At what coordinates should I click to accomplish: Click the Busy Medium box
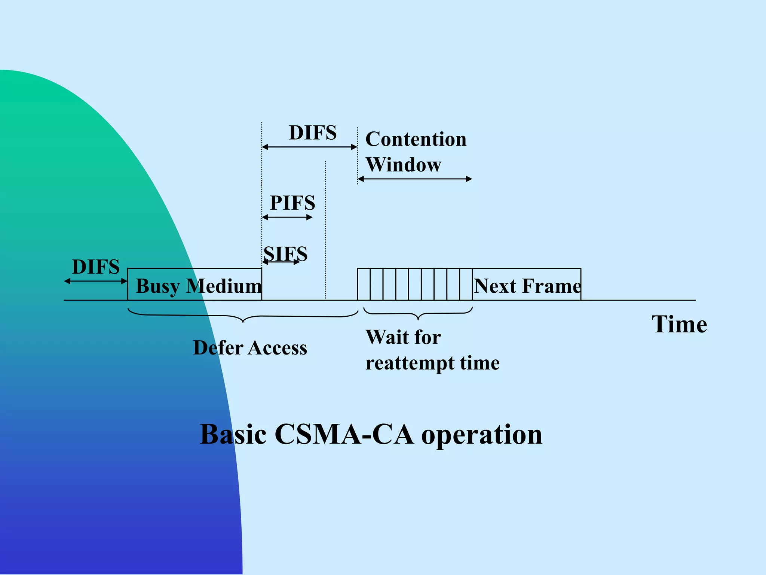(x=194, y=285)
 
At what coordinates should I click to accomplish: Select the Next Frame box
(x=527, y=285)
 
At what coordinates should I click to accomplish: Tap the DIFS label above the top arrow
(x=313, y=133)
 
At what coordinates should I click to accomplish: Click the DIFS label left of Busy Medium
(x=96, y=267)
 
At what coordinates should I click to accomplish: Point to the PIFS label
(x=292, y=203)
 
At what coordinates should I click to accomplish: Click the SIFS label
(x=285, y=254)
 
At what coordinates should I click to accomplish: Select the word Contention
(x=416, y=139)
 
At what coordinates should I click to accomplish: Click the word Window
(x=404, y=165)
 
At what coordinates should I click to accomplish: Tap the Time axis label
(x=679, y=324)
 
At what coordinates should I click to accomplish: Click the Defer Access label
(x=250, y=348)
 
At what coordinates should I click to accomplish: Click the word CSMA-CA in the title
(x=344, y=434)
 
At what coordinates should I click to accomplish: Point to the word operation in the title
(x=482, y=435)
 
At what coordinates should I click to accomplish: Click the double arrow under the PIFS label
(x=287, y=217)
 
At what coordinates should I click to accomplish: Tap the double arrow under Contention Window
(x=415, y=179)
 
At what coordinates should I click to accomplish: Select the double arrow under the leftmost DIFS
(x=96, y=281)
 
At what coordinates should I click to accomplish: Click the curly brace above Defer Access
(x=243, y=317)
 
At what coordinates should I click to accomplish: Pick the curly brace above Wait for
(x=418, y=314)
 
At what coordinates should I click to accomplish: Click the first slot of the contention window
(x=364, y=284)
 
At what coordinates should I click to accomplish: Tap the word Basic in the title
(x=233, y=434)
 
